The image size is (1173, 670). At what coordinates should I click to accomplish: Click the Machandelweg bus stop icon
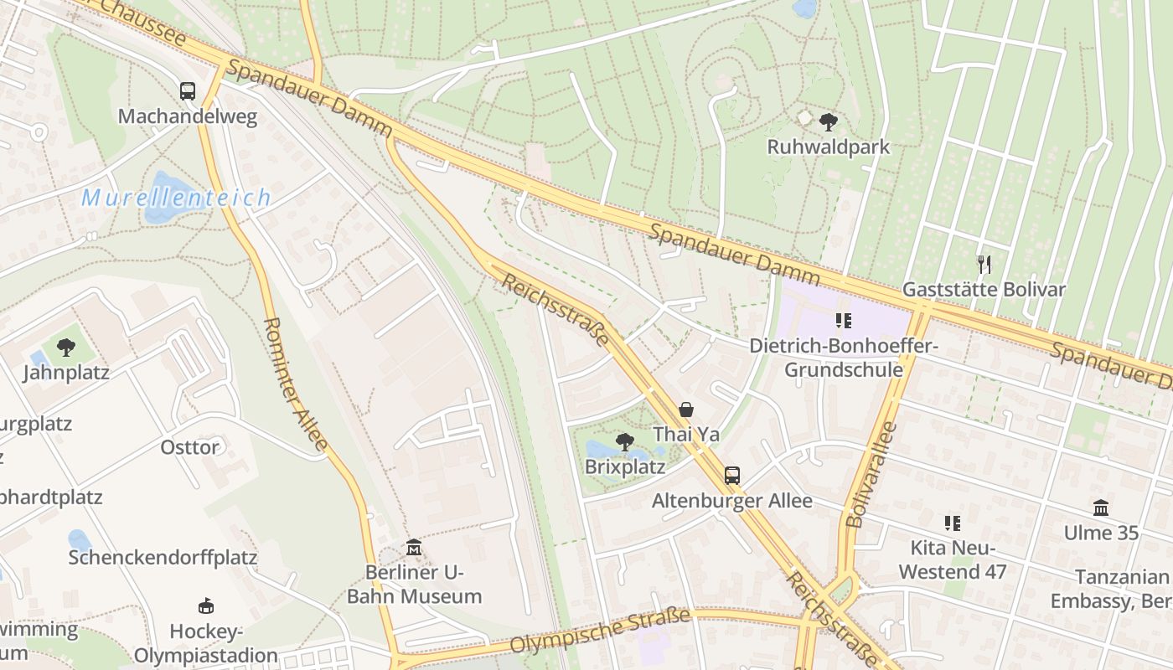coord(188,91)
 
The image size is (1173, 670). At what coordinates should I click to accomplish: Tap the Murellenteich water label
coord(176,198)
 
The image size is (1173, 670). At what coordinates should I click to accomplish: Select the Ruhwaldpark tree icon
coord(829,122)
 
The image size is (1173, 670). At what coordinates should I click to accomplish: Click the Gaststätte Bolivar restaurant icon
coord(984,265)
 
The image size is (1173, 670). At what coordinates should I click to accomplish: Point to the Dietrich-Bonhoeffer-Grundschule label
coord(843,358)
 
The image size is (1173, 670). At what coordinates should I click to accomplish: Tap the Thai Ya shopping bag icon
coord(686,410)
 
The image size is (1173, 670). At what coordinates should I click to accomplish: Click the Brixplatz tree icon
coord(624,441)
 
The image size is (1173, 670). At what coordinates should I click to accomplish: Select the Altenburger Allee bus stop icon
coord(731,476)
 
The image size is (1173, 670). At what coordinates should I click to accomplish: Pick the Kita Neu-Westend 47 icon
coord(952,523)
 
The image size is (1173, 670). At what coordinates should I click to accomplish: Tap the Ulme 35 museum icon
coord(1101,508)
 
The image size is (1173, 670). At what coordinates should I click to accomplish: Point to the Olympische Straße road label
coord(601,631)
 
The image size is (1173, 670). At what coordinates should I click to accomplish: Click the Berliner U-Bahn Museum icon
coord(413,548)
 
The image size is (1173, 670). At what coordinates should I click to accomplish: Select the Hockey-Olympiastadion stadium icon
coord(205,606)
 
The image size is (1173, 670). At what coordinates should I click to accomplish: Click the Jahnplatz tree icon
coord(65,347)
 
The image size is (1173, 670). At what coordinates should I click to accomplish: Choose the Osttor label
coord(190,447)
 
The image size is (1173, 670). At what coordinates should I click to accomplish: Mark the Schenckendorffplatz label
coord(163,558)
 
